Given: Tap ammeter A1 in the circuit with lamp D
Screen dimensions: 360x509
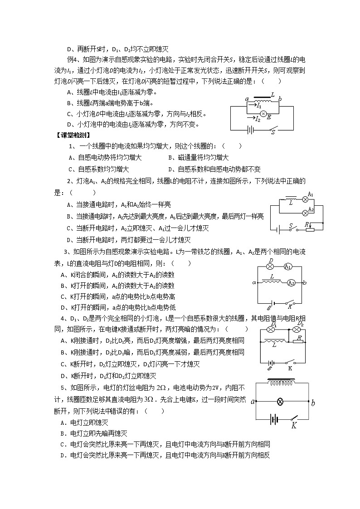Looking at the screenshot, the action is pyautogui.click(x=287, y=267).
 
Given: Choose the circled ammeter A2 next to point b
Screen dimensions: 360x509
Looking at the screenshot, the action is pyautogui.click(x=291, y=282).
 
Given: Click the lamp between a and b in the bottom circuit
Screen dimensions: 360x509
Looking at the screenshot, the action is pyautogui.click(x=281, y=402).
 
